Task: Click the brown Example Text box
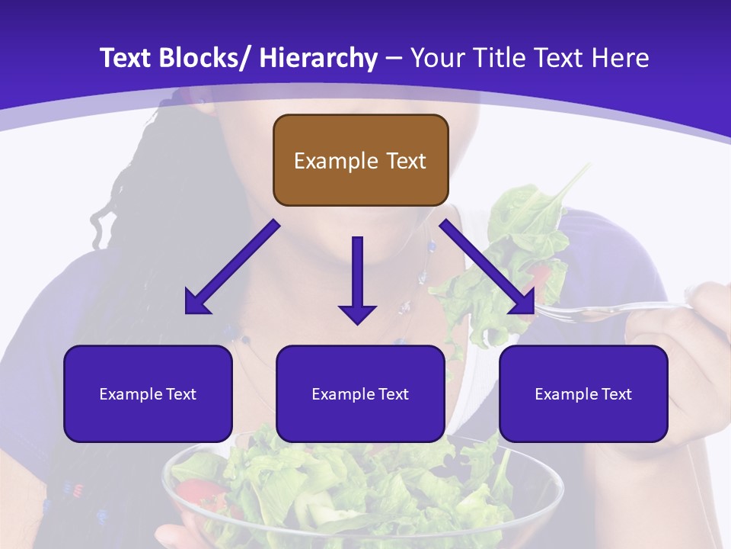[x=360, y=160]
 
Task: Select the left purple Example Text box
[x=148, y=393]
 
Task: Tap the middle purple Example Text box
[x=360, y=393]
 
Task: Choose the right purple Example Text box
[x=583, y=393]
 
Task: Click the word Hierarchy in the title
[x=318, y=58]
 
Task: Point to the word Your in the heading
[x=437, y=58]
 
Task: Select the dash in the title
[x=394, y=58]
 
